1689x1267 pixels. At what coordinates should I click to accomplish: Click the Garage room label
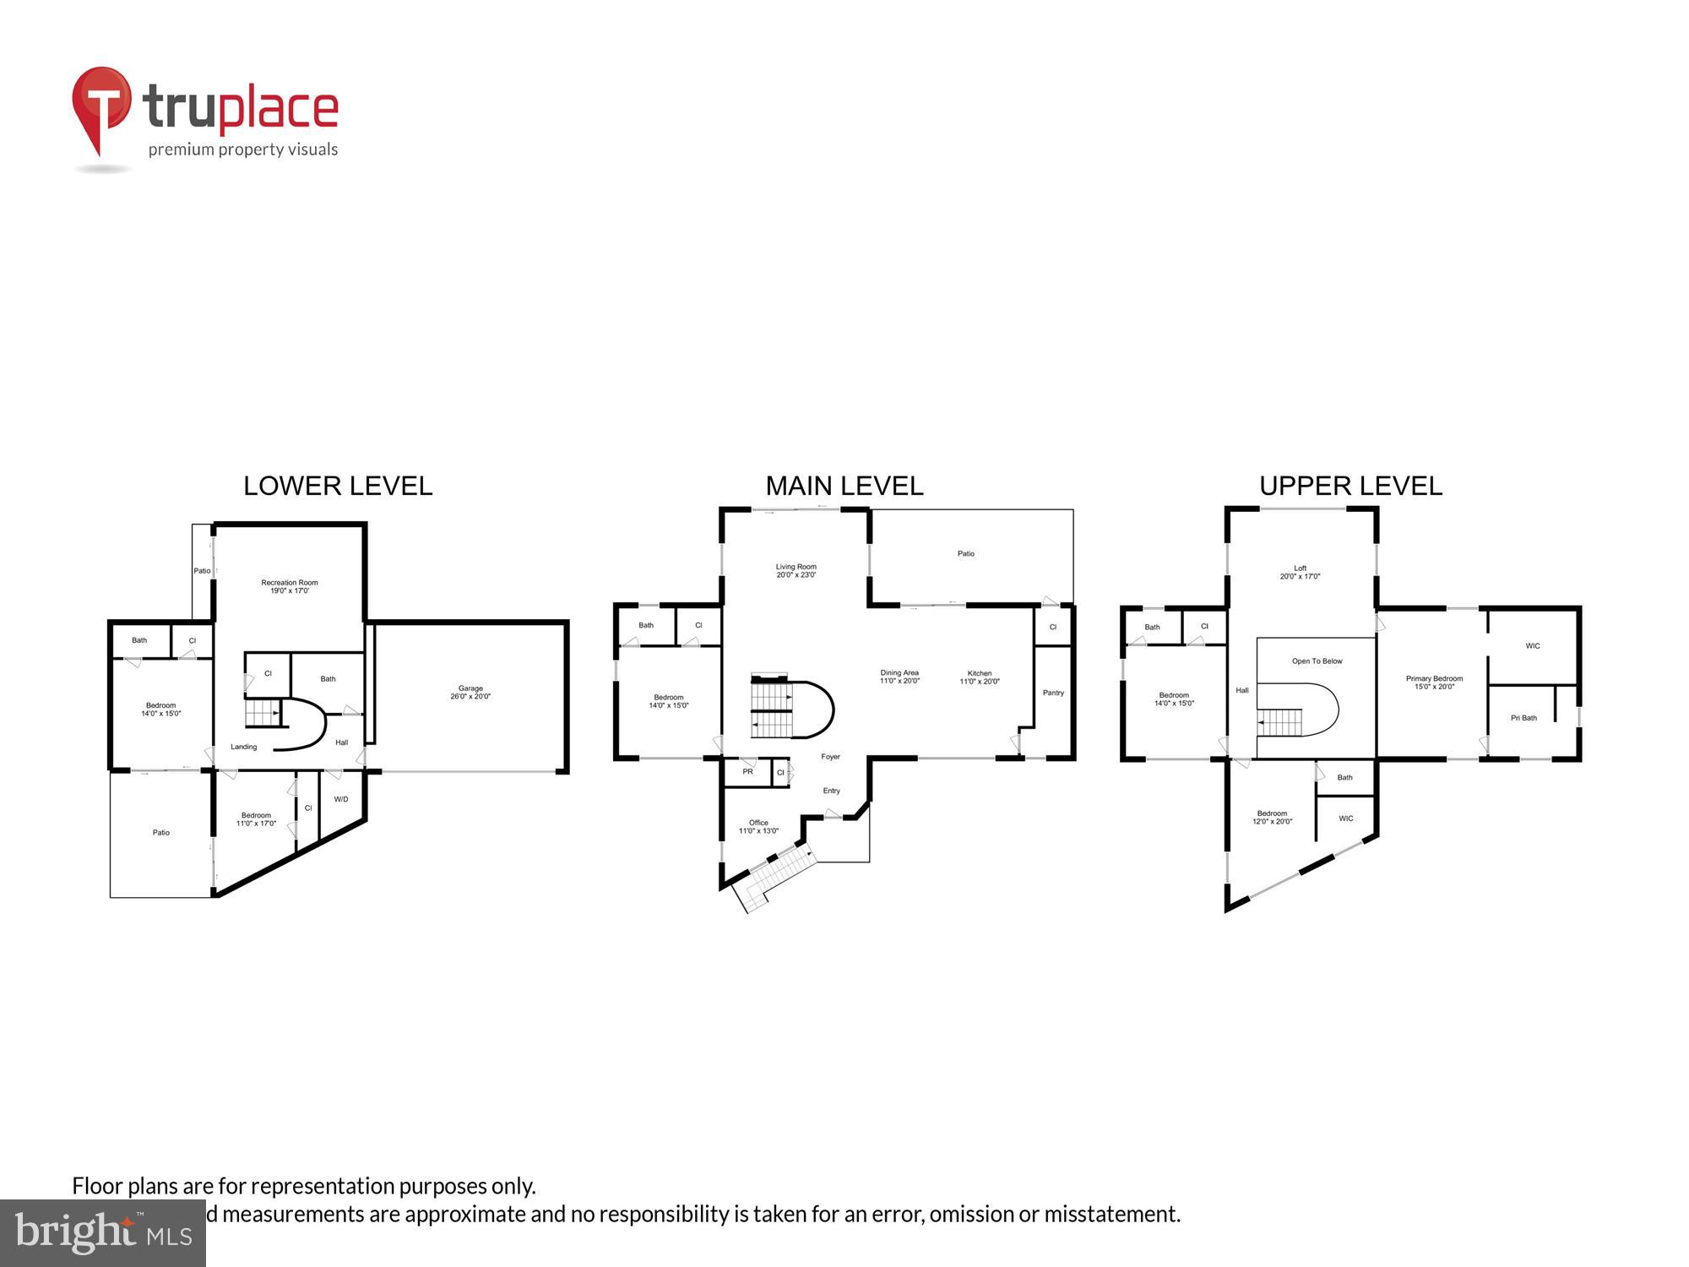point(470,692)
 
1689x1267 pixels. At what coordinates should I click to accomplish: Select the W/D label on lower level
point(341,799)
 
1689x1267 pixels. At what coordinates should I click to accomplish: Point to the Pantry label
point(1053,693)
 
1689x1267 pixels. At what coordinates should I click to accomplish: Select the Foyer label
point(831,757)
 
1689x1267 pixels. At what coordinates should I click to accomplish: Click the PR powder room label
point(747,772)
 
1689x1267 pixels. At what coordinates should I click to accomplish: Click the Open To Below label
point(1317,661)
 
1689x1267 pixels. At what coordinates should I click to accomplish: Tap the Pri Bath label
point(1523,718)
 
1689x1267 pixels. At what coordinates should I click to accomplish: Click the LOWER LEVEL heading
point(338,486)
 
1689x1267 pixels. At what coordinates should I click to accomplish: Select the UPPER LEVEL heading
point(1350,486)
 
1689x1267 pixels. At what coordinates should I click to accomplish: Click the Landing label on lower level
point(244,747)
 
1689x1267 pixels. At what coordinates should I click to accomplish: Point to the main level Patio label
point(966,554)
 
